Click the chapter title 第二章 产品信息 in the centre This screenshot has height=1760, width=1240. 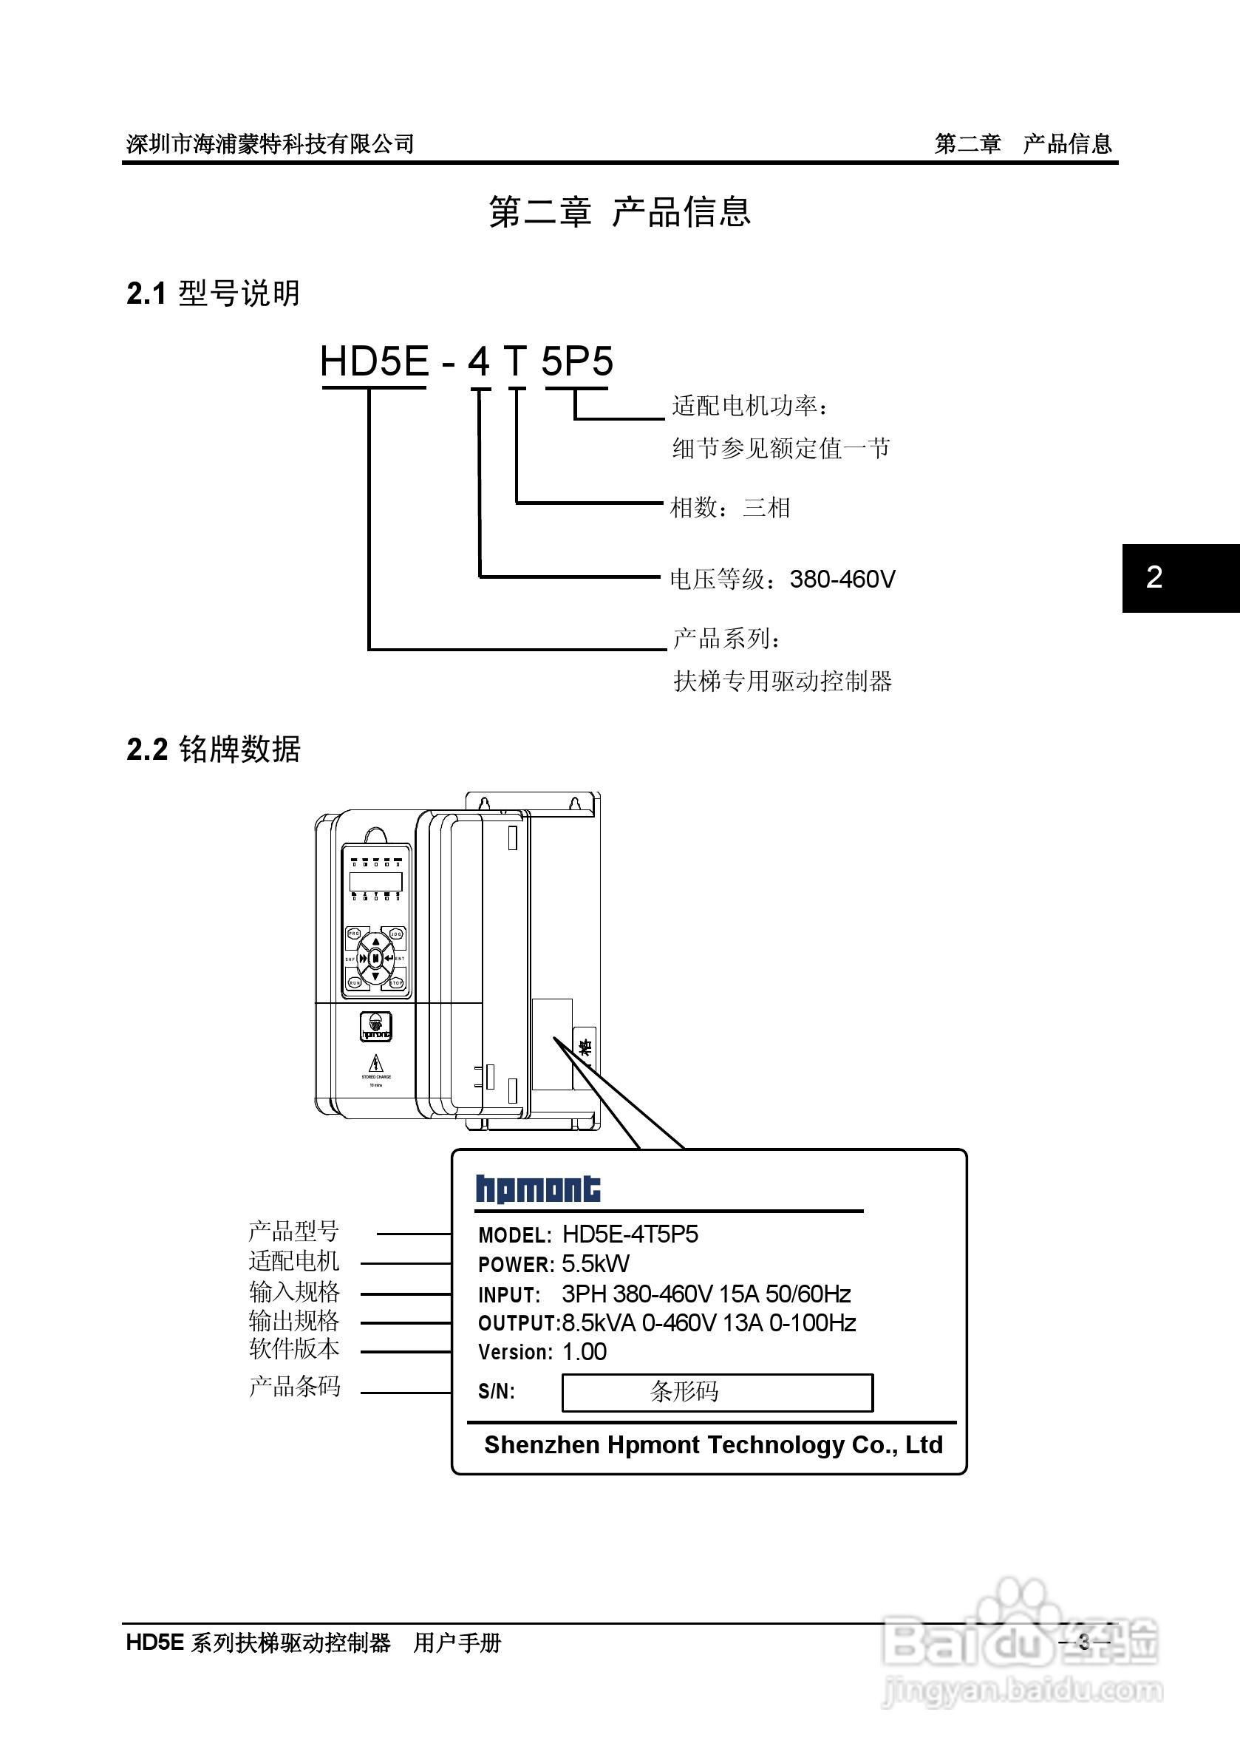coord(619,211)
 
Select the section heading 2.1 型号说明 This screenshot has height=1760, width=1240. coord(213,293)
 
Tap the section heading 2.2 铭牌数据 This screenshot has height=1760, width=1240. coord(213,750)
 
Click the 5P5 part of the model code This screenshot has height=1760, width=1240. coord(577,361)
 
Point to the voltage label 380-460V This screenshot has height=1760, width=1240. coord(842,579)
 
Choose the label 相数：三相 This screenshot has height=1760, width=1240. coord(729,508)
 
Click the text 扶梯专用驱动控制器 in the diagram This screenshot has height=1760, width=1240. coord(783,682)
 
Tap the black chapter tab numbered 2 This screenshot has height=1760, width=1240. coord(1180,578)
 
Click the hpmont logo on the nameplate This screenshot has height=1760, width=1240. coord(538,1189)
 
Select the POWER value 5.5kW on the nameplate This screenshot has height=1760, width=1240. coord(596,1264)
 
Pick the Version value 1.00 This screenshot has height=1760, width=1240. coord(584,1351)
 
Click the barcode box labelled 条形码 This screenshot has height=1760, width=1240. coord(718,1391)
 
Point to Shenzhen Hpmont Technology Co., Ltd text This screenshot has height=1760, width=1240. coord(712,1445)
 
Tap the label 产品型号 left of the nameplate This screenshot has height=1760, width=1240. coord(293,1231)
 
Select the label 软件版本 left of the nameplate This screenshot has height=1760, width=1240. coord(293,1349)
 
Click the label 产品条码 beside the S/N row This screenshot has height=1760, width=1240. coord(294,1386)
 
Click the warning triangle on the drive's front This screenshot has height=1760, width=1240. coord(375,1064)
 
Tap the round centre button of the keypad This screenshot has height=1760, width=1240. coord(375,958)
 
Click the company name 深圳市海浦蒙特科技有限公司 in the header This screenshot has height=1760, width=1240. coord(270,143)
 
